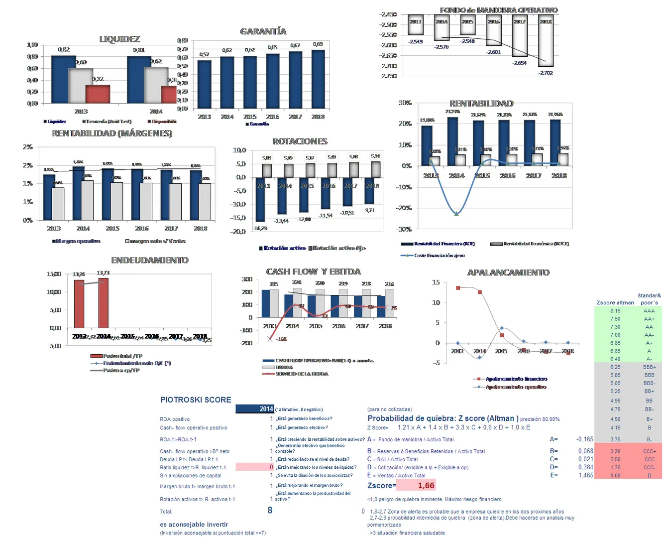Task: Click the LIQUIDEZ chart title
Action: [119, 39]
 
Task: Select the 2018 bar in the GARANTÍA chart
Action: [318, 78]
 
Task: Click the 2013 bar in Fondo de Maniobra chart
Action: [415, 25]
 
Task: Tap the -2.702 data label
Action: [546, 73]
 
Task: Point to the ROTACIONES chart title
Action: [300, 141]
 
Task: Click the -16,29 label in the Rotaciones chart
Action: [260, 228]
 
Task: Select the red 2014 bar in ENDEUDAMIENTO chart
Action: [103, 302]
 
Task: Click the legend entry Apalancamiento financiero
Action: [516, 379]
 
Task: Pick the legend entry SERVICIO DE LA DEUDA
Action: [302, 374]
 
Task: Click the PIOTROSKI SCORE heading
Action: [196, 400]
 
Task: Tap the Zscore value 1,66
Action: [426, 486]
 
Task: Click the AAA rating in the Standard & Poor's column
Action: [649, 311]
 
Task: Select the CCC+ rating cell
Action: [649, 451]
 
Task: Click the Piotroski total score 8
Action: [270, 510]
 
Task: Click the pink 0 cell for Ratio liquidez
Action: [271, 467]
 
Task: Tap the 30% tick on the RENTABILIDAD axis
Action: [405, 103]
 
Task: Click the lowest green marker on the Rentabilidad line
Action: [456, 213]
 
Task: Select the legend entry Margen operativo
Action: [78, 241]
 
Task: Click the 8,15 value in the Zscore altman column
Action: [615, 311]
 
